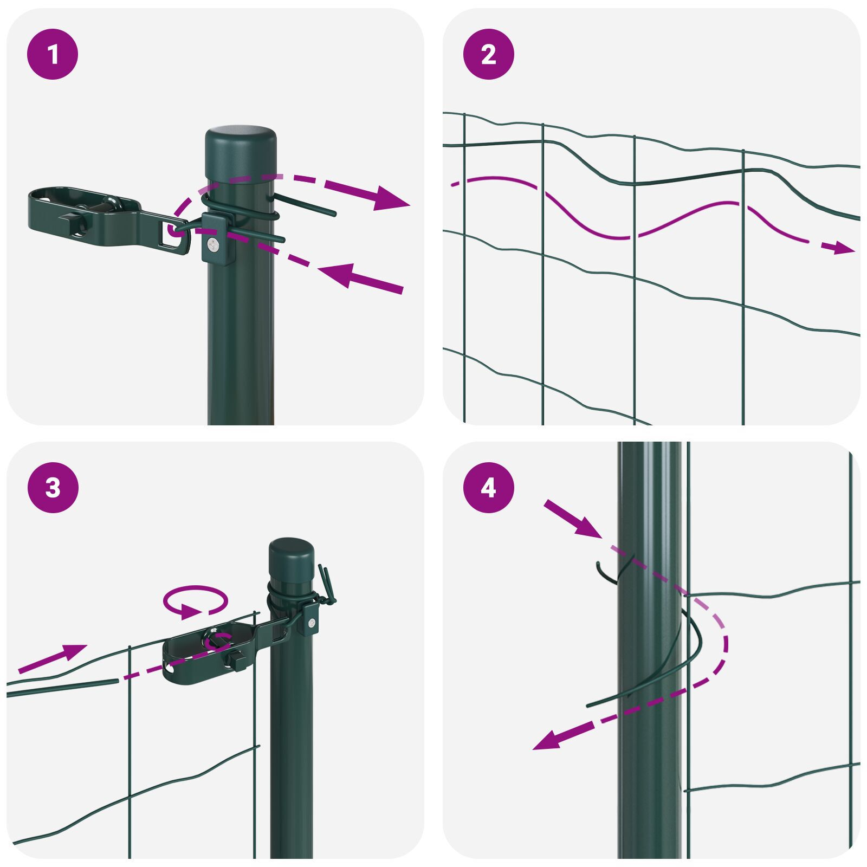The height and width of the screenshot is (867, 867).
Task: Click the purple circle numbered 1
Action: point(53,54)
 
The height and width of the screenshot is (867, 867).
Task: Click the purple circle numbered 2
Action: point(488,54)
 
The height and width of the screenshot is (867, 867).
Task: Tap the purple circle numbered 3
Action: point(53,488)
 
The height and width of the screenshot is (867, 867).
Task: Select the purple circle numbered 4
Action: point(488,488)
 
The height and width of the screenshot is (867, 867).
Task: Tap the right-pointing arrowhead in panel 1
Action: point(391,199)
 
